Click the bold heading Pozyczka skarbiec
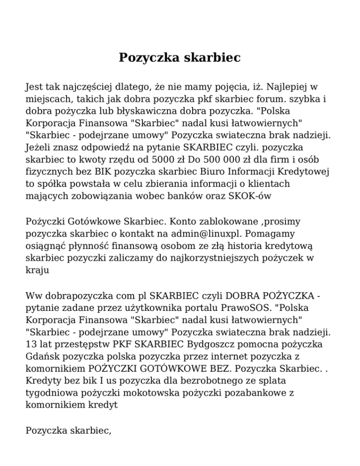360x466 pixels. click(180, 58)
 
